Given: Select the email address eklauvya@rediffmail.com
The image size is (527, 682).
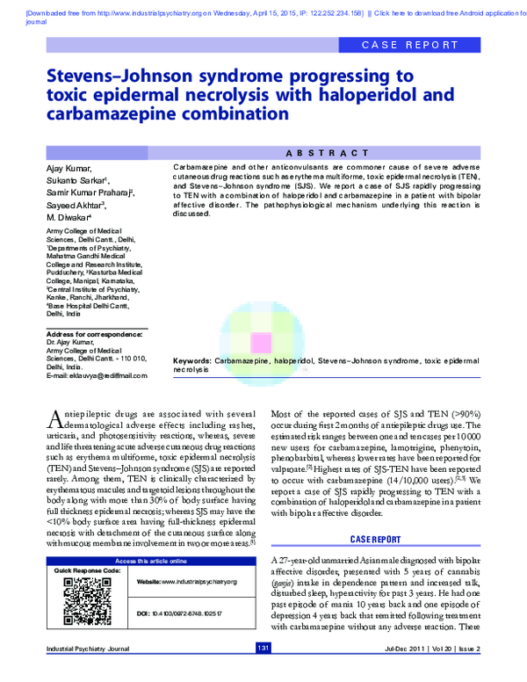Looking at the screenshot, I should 97,375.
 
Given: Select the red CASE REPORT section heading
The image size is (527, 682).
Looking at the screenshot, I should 376,538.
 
